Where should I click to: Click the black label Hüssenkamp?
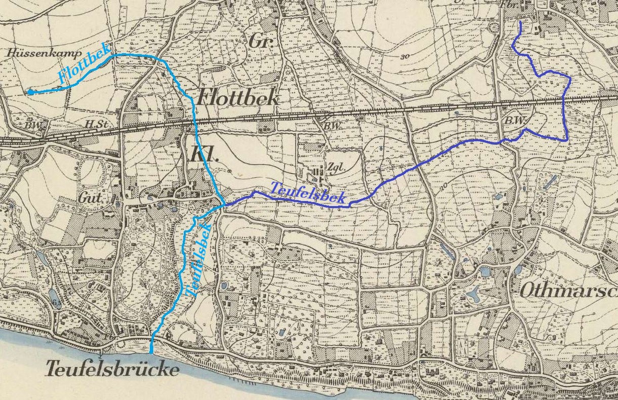(32, 53)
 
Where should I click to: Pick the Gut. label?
(90, 198)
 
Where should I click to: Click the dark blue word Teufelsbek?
(308, 193)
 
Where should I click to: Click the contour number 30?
(403, 57)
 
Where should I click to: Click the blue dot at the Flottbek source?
(30, 92)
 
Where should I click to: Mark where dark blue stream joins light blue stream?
(223, 205)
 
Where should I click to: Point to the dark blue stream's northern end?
(521, 23)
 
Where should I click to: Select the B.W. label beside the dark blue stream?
(516, 121)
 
